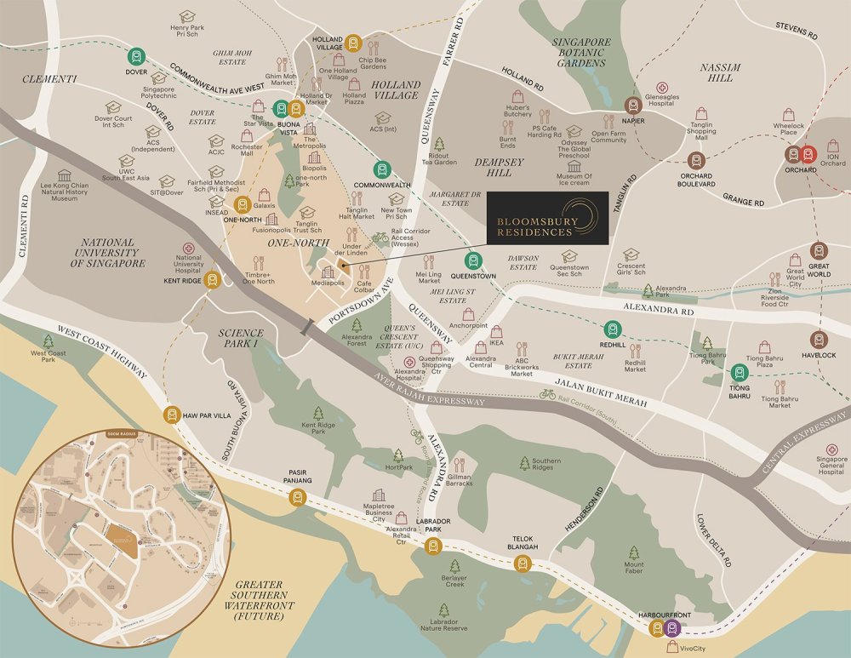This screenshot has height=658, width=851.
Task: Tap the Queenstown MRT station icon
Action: (472, 261)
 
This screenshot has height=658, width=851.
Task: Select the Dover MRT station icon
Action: (136, 57)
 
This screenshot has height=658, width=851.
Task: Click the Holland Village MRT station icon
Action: (350, 45)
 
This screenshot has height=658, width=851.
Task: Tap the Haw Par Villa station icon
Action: (172, 415)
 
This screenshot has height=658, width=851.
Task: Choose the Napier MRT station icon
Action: (632, 105)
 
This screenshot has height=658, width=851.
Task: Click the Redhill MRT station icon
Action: (611, 329)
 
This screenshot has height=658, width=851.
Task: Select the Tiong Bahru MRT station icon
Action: (740, 372)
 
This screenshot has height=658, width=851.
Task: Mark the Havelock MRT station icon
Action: (819, 339)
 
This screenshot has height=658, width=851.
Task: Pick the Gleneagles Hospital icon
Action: (663, 89)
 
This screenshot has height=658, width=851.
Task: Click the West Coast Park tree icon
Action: (48, 341)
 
